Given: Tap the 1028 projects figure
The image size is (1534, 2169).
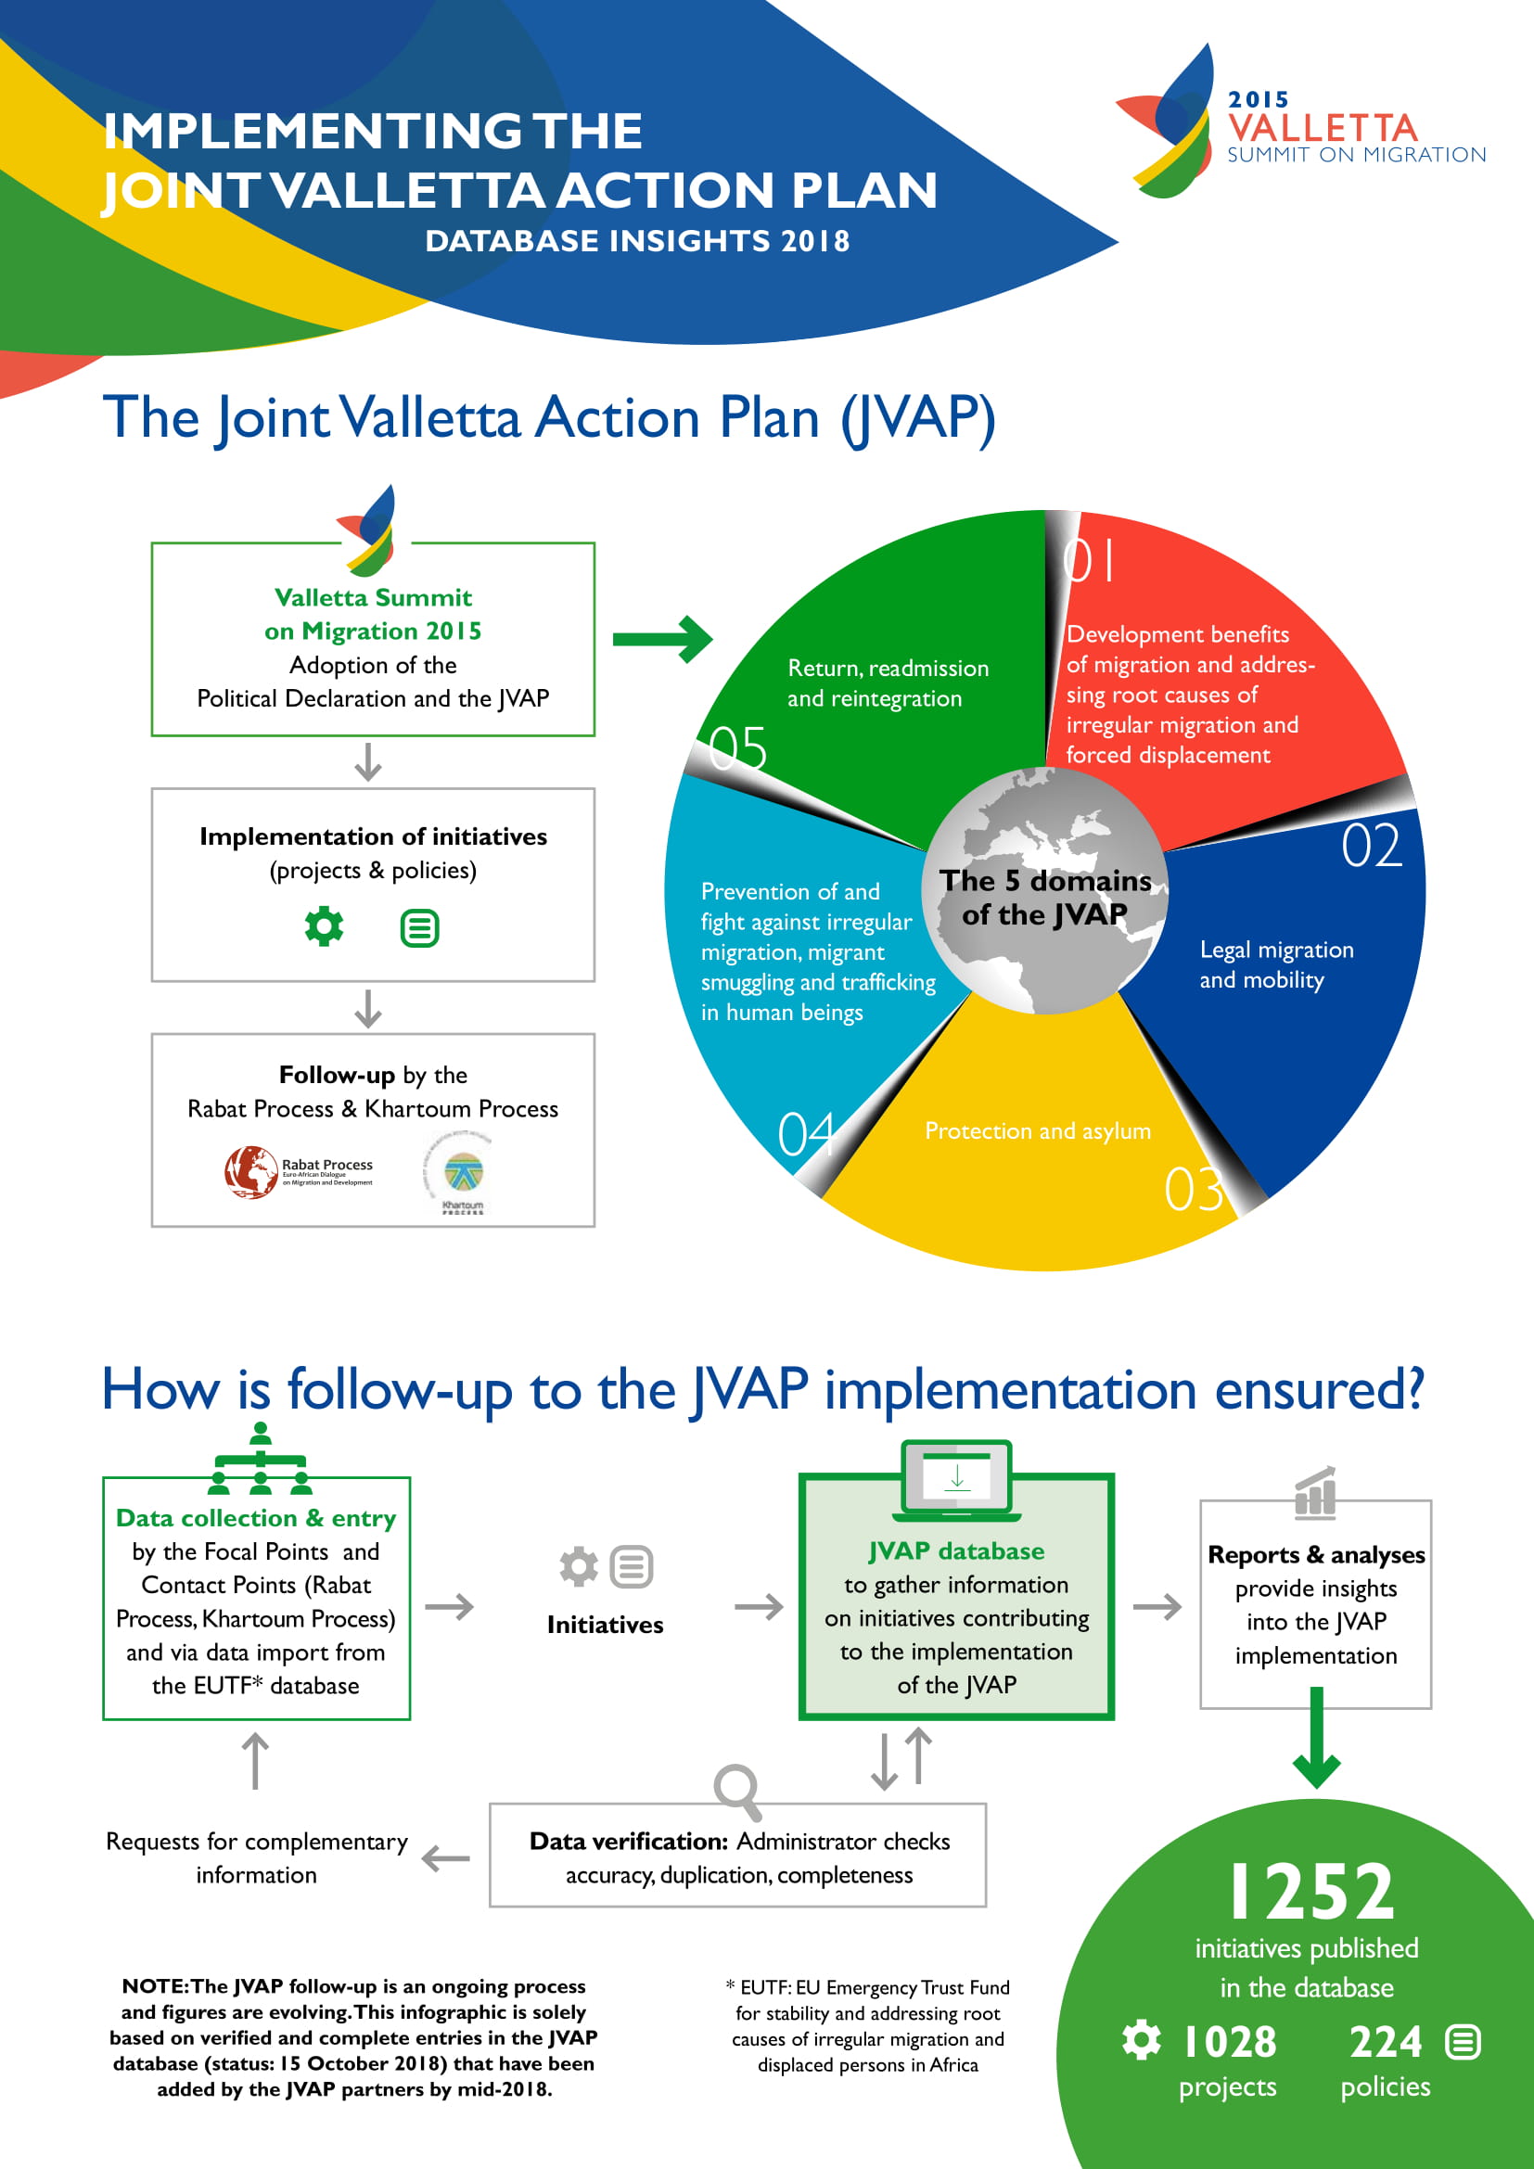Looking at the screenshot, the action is click(1229, 2042).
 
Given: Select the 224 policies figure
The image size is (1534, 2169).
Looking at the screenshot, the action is click(1385, 2042).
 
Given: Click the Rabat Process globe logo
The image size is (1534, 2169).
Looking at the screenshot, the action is click(250, 1171).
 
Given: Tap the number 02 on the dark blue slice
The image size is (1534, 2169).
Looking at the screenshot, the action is click(1372, 845).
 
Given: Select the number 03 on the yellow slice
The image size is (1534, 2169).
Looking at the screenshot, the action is click(1194, 1189).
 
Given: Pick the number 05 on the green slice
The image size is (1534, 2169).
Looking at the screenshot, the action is click(737, 748).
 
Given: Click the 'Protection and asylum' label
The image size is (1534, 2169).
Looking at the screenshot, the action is click(1037, 1130).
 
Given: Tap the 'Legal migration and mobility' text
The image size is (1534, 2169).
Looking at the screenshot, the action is click(1276, 964).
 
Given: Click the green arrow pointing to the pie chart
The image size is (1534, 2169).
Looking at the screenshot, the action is click(662, 640).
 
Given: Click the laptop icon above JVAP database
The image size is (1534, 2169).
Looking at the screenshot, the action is click(957, 1480).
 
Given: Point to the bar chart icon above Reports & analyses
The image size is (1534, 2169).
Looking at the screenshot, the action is click(1315, 1492).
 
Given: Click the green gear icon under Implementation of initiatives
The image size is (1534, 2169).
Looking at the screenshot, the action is click(324, 925).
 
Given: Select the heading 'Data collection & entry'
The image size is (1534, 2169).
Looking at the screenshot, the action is click(256, 1517).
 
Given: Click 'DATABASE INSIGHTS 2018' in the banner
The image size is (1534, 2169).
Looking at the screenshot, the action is click(637, 241).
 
